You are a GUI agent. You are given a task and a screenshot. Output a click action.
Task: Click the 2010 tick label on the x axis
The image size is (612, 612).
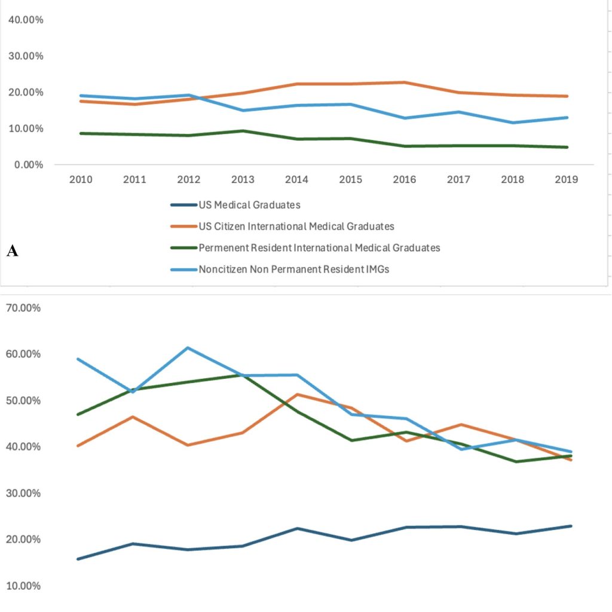[81, 179]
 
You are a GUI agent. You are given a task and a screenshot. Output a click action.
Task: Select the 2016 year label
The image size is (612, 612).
[405, 179]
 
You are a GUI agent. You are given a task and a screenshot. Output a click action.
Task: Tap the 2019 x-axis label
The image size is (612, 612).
[567, 179]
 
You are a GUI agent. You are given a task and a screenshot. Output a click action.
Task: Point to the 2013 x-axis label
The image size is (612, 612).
[243, 179]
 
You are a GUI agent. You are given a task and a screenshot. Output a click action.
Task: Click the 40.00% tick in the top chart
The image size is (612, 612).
[26, 20]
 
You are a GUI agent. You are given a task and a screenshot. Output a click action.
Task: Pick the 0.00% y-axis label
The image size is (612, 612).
[29, 165]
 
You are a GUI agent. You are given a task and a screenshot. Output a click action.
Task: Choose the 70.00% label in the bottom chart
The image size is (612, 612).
[23, 308]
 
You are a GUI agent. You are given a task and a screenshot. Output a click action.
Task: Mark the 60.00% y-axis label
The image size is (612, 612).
[23, 354]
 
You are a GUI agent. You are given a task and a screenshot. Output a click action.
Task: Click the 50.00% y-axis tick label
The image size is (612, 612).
[23, 400]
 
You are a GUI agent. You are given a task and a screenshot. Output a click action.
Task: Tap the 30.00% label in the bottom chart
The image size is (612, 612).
[23, 493]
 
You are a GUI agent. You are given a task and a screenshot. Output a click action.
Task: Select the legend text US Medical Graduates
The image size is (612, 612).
[249, 205]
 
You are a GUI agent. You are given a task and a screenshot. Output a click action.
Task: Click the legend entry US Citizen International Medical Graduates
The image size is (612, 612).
[296, 227]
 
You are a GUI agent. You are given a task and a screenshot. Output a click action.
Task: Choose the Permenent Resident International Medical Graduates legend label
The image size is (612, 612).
[319, 248]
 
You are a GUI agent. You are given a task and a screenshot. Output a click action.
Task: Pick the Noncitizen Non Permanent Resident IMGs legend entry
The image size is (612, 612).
[294, 270]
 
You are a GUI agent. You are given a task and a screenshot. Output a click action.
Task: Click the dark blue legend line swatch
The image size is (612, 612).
[183, 205]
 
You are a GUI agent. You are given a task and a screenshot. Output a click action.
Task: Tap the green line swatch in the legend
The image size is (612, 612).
[183, 248]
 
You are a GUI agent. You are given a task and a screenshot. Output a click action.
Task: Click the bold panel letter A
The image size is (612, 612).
[12, 250]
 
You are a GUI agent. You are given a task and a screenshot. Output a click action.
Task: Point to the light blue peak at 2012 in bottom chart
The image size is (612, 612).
[188, 347]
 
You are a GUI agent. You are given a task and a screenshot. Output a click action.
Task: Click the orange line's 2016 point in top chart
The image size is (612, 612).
[405, 82]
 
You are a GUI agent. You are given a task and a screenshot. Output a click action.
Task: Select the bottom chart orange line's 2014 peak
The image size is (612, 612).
[298, 394]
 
